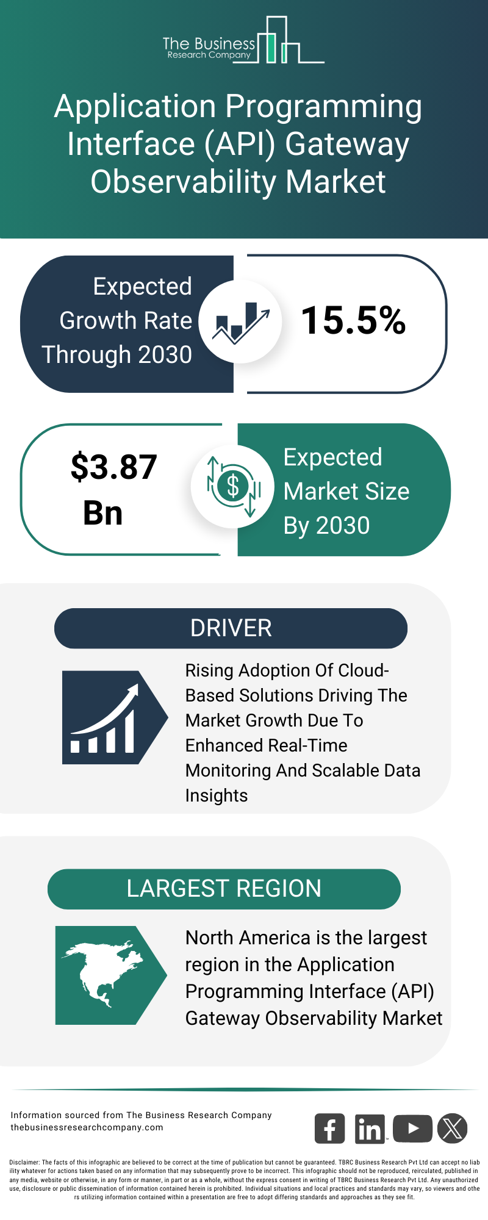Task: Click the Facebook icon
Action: [329, 1128]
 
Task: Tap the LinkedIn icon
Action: [370, 1128]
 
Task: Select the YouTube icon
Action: [412, 1128]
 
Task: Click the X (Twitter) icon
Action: [453, 1128]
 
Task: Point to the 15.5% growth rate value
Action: [354, 320]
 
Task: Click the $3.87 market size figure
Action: [114, 467]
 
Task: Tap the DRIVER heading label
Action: [231, 628]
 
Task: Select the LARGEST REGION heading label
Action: [224, 889]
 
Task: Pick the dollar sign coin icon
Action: [233, 486]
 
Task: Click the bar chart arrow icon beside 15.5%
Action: [241, 321]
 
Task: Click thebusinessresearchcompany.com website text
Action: [87, 1127]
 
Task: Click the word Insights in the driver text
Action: [217, 795]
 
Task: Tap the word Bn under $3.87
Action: [103, 513]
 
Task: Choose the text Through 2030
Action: [117, 354]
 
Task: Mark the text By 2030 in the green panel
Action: [327, 526]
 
